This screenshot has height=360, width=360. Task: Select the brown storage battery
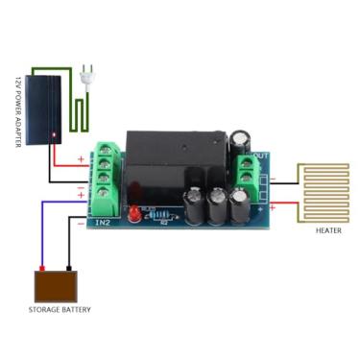pyautogui.click(x=57, y=285)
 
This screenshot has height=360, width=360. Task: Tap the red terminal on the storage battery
pyautogui.click(x=42, y=267)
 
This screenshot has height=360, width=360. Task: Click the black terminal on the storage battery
pyautogui.click(x=68, y=267)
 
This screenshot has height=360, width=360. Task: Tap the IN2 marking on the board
pyautogui.click(x=103, y=223)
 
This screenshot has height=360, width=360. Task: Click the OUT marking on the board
pyautogui.click(x=260, y=154)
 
